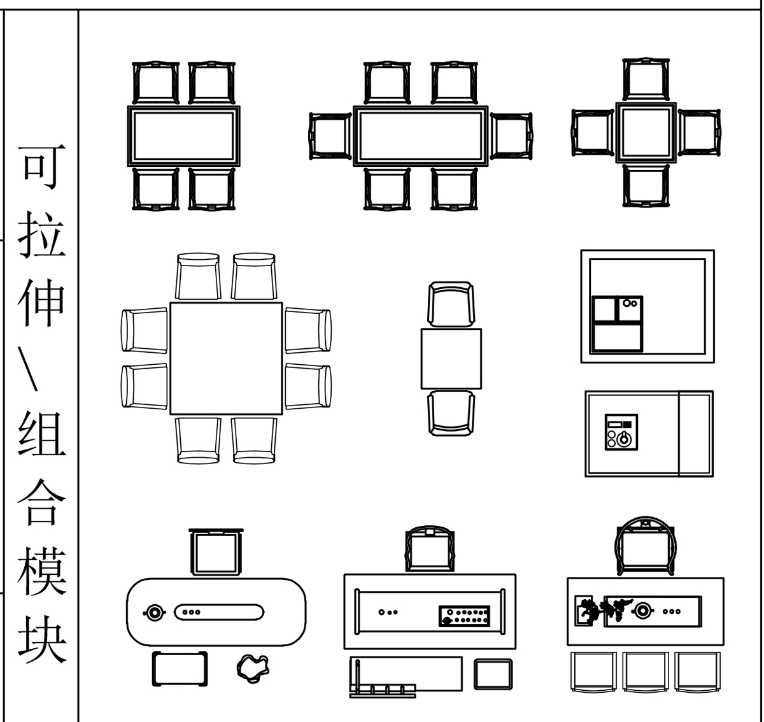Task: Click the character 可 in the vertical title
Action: [41, 167]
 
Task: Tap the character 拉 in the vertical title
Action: [41, 234]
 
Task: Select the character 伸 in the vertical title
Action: [41, 302]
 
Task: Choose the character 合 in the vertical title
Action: [41, 502]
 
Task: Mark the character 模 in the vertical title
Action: [41, 570]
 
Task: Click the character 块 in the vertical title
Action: [42, 639]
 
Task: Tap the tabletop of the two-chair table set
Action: [451, 358]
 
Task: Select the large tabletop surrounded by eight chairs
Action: [226, 358]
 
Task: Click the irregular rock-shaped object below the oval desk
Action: [253, 669]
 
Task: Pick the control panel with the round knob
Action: [621, 432]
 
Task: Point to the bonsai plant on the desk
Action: [604, 611]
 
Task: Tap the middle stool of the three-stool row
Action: [646, 672]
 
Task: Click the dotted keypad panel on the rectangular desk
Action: [464, 616]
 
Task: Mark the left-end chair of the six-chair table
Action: [330, 136]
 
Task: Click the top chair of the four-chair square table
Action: [646, 80]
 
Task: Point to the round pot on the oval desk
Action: [154, 612]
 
